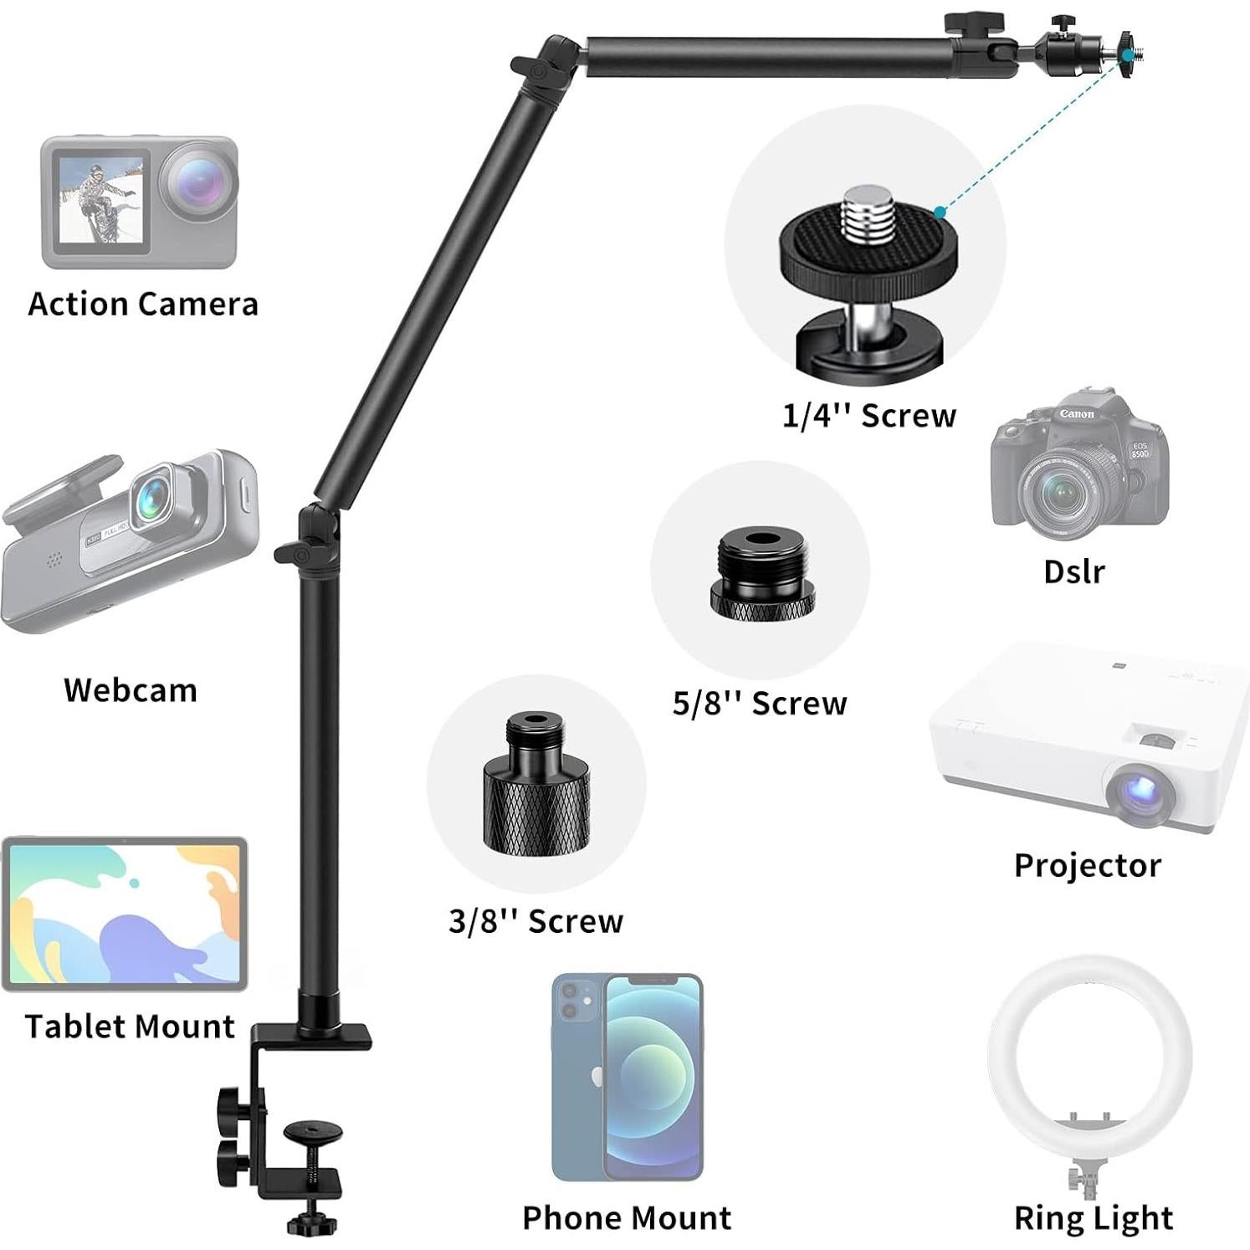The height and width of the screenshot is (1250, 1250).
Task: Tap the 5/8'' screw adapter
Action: [761, 572]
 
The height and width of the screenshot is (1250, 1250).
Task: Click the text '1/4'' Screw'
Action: [868, 416]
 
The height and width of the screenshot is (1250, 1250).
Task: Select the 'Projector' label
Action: [1087, 865]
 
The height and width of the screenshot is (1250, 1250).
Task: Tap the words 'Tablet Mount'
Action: [130, 1027]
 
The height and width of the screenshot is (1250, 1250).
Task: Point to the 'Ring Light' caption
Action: [1093, 1218]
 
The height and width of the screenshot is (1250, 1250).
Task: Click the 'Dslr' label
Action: [1074, 572]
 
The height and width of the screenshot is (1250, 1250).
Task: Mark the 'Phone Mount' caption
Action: [627, 1218]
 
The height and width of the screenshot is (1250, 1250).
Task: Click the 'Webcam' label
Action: [131, 690]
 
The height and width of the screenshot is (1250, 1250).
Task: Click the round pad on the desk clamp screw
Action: [313, 1131]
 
